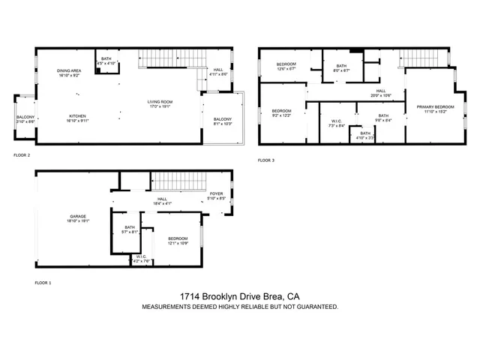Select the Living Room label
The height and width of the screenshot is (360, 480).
[x=160, y=103]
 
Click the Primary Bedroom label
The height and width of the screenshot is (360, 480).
[x=431, y=108]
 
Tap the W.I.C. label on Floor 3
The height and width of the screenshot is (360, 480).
[x=337, y=123]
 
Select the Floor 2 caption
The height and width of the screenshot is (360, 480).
[x=22, y=155]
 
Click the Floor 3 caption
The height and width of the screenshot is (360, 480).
[x=266, y=160]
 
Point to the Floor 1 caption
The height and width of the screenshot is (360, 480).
[x=43, y=283]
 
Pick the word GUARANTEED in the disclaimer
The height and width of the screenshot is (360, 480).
[x=314, y=307]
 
